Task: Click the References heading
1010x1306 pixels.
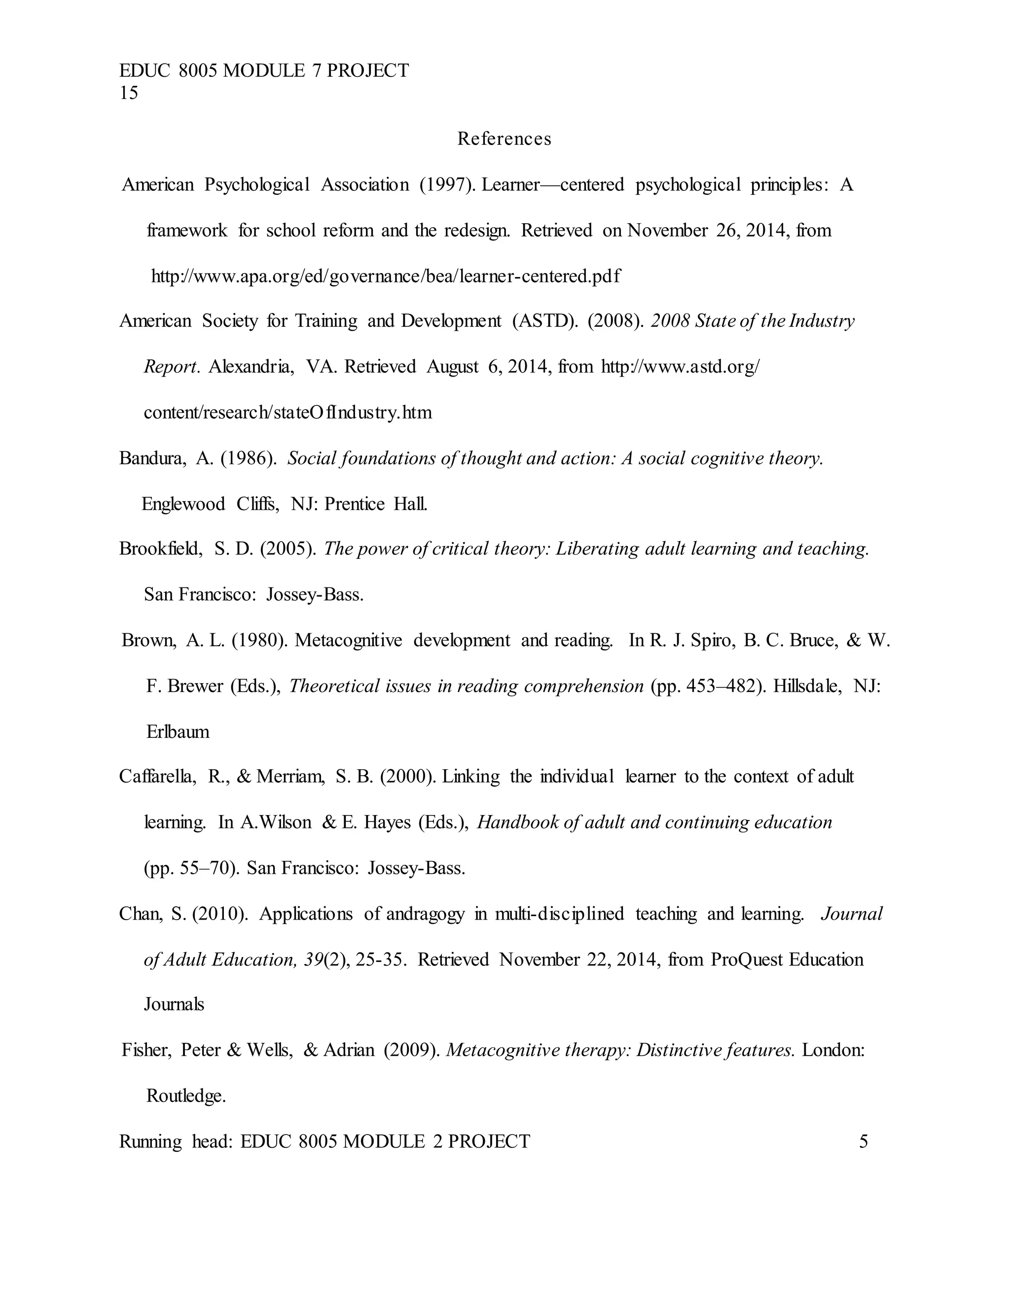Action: (504, 139)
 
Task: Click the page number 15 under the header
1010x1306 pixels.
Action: (129, 93)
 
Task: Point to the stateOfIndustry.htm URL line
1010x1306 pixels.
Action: (287, 412)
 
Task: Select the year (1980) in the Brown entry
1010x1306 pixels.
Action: (260, 641)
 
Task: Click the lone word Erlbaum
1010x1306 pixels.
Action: (178, 732)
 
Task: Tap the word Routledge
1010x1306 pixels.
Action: (185, 1096)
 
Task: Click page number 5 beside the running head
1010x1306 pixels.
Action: (863, 1141)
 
